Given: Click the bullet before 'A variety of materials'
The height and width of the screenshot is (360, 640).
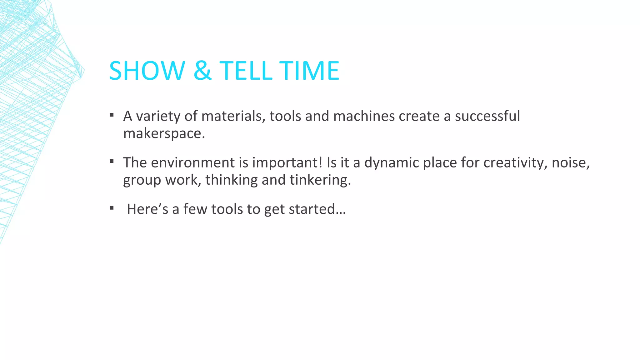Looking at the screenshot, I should click(112, 115).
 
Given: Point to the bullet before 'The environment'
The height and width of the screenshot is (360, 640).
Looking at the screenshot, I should click(112, 162).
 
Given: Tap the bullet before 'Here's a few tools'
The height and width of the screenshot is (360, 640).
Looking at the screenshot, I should click(112, 208).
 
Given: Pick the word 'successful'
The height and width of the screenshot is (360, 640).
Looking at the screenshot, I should click(487, 116).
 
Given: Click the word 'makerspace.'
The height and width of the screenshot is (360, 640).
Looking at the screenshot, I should click(164, 134).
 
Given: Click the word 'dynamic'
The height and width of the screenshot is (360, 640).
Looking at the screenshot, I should click(392, 163).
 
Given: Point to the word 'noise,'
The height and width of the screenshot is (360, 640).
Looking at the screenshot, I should click(571, 162).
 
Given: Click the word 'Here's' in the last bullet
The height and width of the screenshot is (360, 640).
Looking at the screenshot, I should click(147, 209).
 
